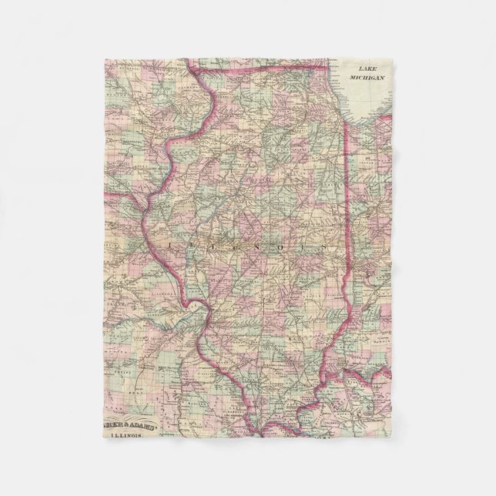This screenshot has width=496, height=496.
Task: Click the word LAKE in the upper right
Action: (x=370, y=69)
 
